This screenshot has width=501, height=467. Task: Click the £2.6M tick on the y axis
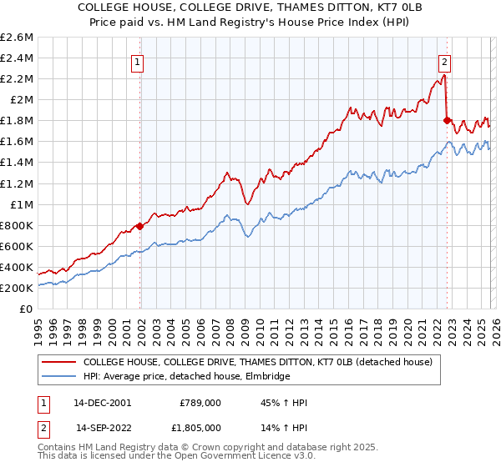(x=17, y=38)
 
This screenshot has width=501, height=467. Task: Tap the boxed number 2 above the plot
(x=445, y=61)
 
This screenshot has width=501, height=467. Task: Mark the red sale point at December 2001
(x=139, y=226)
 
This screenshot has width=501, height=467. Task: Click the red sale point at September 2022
(x=447, y=120)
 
